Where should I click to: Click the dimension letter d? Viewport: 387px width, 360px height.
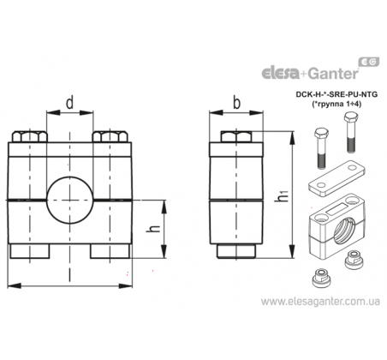[x=70, y=103]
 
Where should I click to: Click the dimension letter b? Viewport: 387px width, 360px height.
[x=236, y=103]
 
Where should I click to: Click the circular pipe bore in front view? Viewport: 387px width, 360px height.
[x=70, y=200]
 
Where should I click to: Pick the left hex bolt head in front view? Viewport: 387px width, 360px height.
[x=29, y=137]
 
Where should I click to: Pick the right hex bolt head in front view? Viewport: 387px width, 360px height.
[x=110, y=137]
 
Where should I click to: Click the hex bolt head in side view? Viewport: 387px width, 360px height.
[x=236, y=136]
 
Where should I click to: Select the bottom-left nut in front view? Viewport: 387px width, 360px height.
[x=30, y=251]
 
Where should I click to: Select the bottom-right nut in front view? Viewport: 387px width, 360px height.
[x=110, y=251]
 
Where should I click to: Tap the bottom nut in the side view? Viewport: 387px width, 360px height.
[x=236, y=251]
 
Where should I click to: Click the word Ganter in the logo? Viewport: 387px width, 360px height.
[x=333, y=74]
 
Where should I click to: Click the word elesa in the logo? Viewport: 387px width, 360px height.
[x=280, y=73]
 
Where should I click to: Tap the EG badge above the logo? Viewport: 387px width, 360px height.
[x=368, y=62]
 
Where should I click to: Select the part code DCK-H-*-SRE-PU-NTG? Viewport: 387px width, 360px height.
[x=336, y=94]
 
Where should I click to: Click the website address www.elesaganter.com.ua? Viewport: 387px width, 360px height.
[x=320, y=302]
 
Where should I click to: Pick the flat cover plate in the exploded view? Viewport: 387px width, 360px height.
[x=336, y=177]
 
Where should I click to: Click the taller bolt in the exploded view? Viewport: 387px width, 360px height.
[x=350, y=132]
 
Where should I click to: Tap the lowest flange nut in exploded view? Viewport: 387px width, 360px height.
[x=319, y=278]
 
